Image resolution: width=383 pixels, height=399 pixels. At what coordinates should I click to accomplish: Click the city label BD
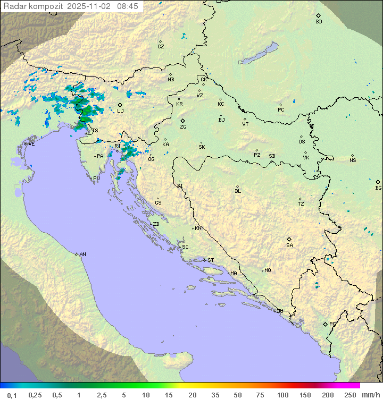[319, 22]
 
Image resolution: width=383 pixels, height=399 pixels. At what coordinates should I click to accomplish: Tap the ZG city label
[183, 128]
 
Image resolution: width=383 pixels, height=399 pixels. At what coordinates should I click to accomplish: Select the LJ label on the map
[121, 111]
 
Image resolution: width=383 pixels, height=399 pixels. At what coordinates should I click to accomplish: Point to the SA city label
[289, 245]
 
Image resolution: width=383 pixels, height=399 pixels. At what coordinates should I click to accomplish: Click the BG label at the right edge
[378, 188]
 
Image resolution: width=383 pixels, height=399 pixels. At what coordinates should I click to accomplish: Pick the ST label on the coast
[211, 260]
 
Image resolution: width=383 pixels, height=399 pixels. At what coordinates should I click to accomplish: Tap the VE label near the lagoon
[31, 144]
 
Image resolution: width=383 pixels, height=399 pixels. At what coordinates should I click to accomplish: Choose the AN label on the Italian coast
[82, 254]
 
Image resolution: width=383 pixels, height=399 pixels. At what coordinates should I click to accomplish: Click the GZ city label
[161, 47]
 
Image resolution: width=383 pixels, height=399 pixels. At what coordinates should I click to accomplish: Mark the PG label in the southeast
[332, 324]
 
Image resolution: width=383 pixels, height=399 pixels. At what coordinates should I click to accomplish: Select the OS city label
[302, 142]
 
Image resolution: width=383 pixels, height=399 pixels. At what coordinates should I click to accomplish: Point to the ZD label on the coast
[156, 224]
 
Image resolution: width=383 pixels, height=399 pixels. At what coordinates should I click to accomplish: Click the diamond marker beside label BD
[318, 15]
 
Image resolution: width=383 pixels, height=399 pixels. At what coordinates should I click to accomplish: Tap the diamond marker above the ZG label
[182, 121]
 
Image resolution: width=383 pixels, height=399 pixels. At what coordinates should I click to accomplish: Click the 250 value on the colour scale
[349, 395]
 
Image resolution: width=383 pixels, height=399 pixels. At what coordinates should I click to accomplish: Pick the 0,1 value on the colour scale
[12, 395]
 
